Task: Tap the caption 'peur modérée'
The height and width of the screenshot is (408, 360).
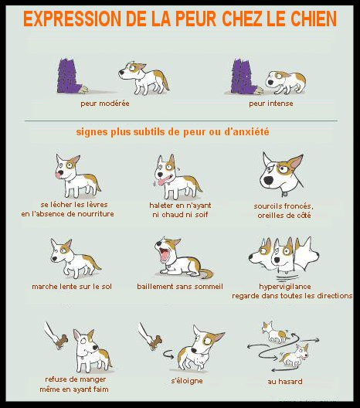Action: (x=105, y=104)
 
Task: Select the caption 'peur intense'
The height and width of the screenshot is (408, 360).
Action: (x=271, y=104)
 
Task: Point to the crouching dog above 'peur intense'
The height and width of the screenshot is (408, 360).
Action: (x=285, y=82)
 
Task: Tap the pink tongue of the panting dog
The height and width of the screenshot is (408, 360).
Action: (x=163, y=180)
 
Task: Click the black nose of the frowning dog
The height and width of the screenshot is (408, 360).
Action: (x=268, y=180)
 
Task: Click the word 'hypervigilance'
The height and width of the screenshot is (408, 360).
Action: (x=285, y=287)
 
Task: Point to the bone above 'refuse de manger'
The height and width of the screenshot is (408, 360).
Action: (x=62, y=342)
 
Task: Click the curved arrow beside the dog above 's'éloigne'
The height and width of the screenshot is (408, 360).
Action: (x=168, y=354)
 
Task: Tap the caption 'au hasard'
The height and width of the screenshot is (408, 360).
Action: (x=285, y=382)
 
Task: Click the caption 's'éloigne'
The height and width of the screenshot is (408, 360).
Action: (x=187, y=381)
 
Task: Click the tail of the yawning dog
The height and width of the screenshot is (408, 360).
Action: (x=206, y=274)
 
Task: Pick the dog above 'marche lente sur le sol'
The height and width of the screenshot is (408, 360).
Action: (x=75, y=258)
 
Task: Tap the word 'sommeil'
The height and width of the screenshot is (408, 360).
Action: (x=209, y=287)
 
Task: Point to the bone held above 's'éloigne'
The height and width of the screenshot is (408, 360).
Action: (x=155, y=342)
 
